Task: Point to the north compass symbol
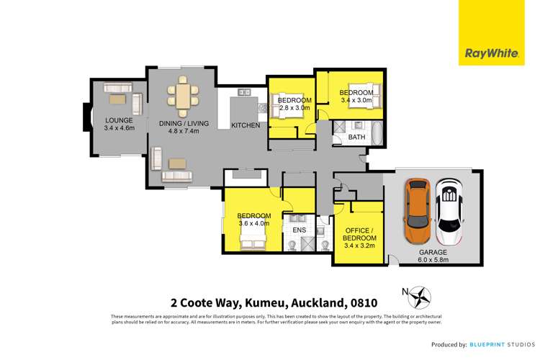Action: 419,294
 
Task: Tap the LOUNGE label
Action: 119,120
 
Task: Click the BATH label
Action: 357,137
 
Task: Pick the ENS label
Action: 300,230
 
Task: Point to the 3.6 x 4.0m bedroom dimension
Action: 254,223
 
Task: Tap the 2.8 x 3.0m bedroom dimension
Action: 294,108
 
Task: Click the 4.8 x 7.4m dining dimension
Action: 184,132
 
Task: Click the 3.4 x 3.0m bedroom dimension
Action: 356,101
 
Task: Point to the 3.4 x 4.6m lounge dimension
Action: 119,128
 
